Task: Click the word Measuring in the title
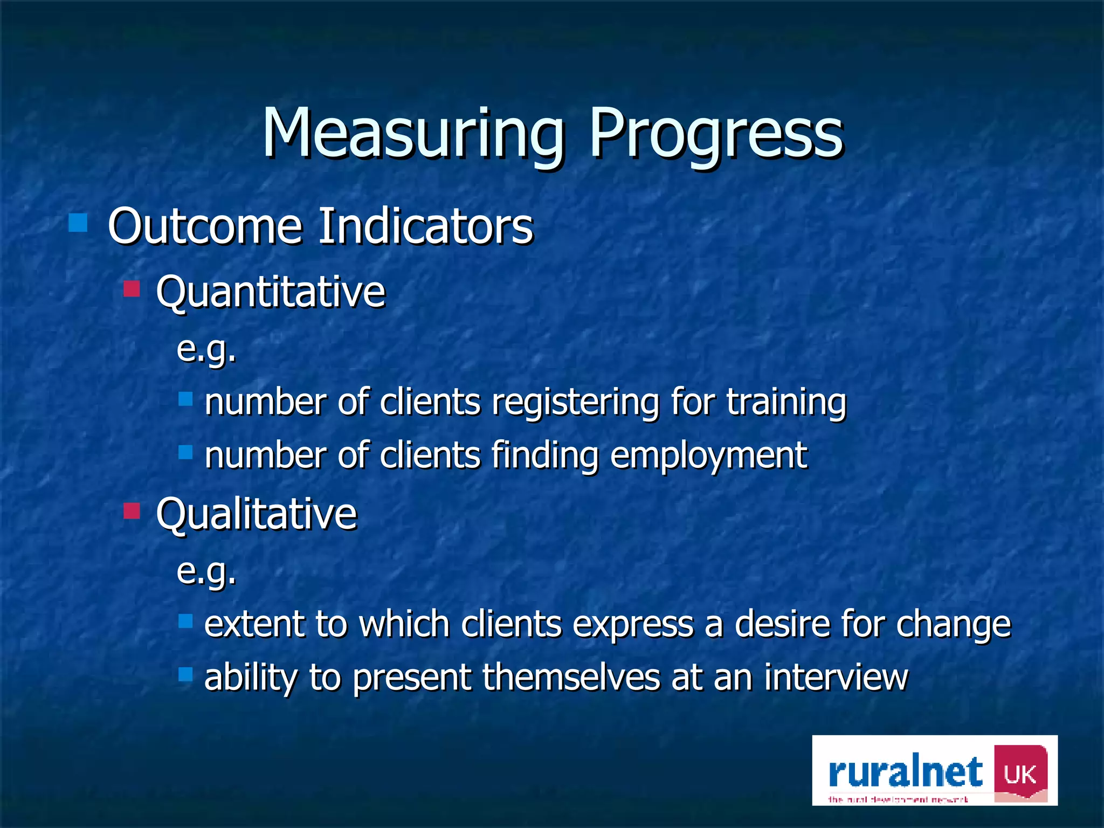pyautogui.click(x=412, y=135)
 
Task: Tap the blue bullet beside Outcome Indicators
pyautogui.click(x=78, y=223)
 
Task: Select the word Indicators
pyautogui.click(x=425, y=226)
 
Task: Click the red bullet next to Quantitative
pyautogui.click(x=132, y=288)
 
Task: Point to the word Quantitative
pyautogui.click(x=271, y=293)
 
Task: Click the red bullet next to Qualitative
pyautogui.click(x=132, y=510)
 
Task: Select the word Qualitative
pyautogui.click(x=257, y=514)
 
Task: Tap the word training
pyautogui.click(x=786, y=403)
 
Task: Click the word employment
pyautogui.click(x=708, y=456)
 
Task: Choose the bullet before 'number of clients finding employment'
pyautogui.click(x=185, y=452)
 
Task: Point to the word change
pyautogui.click(x=953, y=625)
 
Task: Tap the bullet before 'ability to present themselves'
pyautogui.click(x=185, y=674)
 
